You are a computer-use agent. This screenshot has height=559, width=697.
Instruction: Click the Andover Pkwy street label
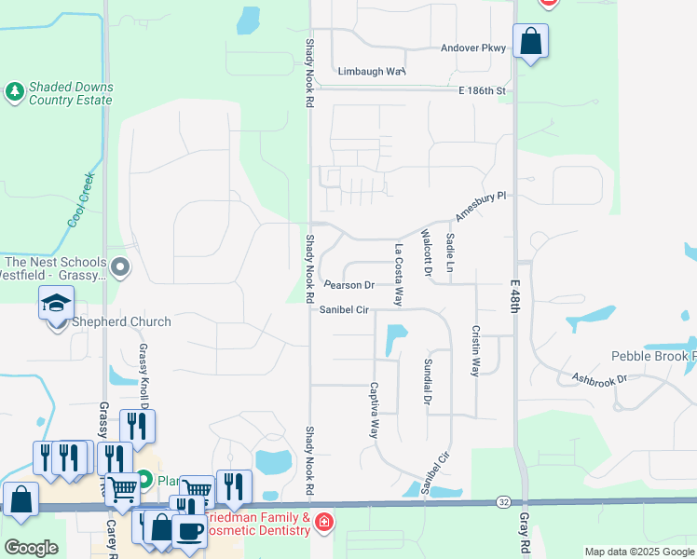click(x=473, y=48)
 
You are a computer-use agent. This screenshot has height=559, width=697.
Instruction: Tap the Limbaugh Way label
click(x=372, y=71)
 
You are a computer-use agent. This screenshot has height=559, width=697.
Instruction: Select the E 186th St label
click(x=482, y=90)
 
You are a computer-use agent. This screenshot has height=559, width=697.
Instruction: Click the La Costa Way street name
click(x=398, y=275)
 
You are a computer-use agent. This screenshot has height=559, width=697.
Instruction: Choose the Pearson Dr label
click(x=348, y=285)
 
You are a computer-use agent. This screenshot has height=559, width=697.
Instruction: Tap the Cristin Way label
click(x=475, y=350)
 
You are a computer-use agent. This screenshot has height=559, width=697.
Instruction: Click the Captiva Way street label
click(x=375, y=410)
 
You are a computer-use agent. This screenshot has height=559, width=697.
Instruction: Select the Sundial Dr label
click(x=428, y=382)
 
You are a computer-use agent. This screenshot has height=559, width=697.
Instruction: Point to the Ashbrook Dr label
click(x=602, y=379)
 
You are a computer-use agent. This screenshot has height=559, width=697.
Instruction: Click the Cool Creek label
click(x=81, y=198)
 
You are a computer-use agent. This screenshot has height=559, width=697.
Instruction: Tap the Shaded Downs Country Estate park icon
click(x=14, y=91)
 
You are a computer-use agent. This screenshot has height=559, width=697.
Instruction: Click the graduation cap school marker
click(x=56, y=303)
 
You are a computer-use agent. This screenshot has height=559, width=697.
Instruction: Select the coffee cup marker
click(x=189, y=531)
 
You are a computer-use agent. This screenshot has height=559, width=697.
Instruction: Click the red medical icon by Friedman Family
click(x=324, y=521)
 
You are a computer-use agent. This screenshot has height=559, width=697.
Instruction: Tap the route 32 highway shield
click(x=502, y=501)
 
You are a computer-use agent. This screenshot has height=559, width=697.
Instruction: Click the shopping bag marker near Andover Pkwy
click(x=530, y=41)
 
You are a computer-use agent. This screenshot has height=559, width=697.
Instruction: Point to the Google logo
click(x=31, y=548)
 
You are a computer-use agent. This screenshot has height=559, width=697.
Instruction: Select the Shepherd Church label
click(x=120, y=322)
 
